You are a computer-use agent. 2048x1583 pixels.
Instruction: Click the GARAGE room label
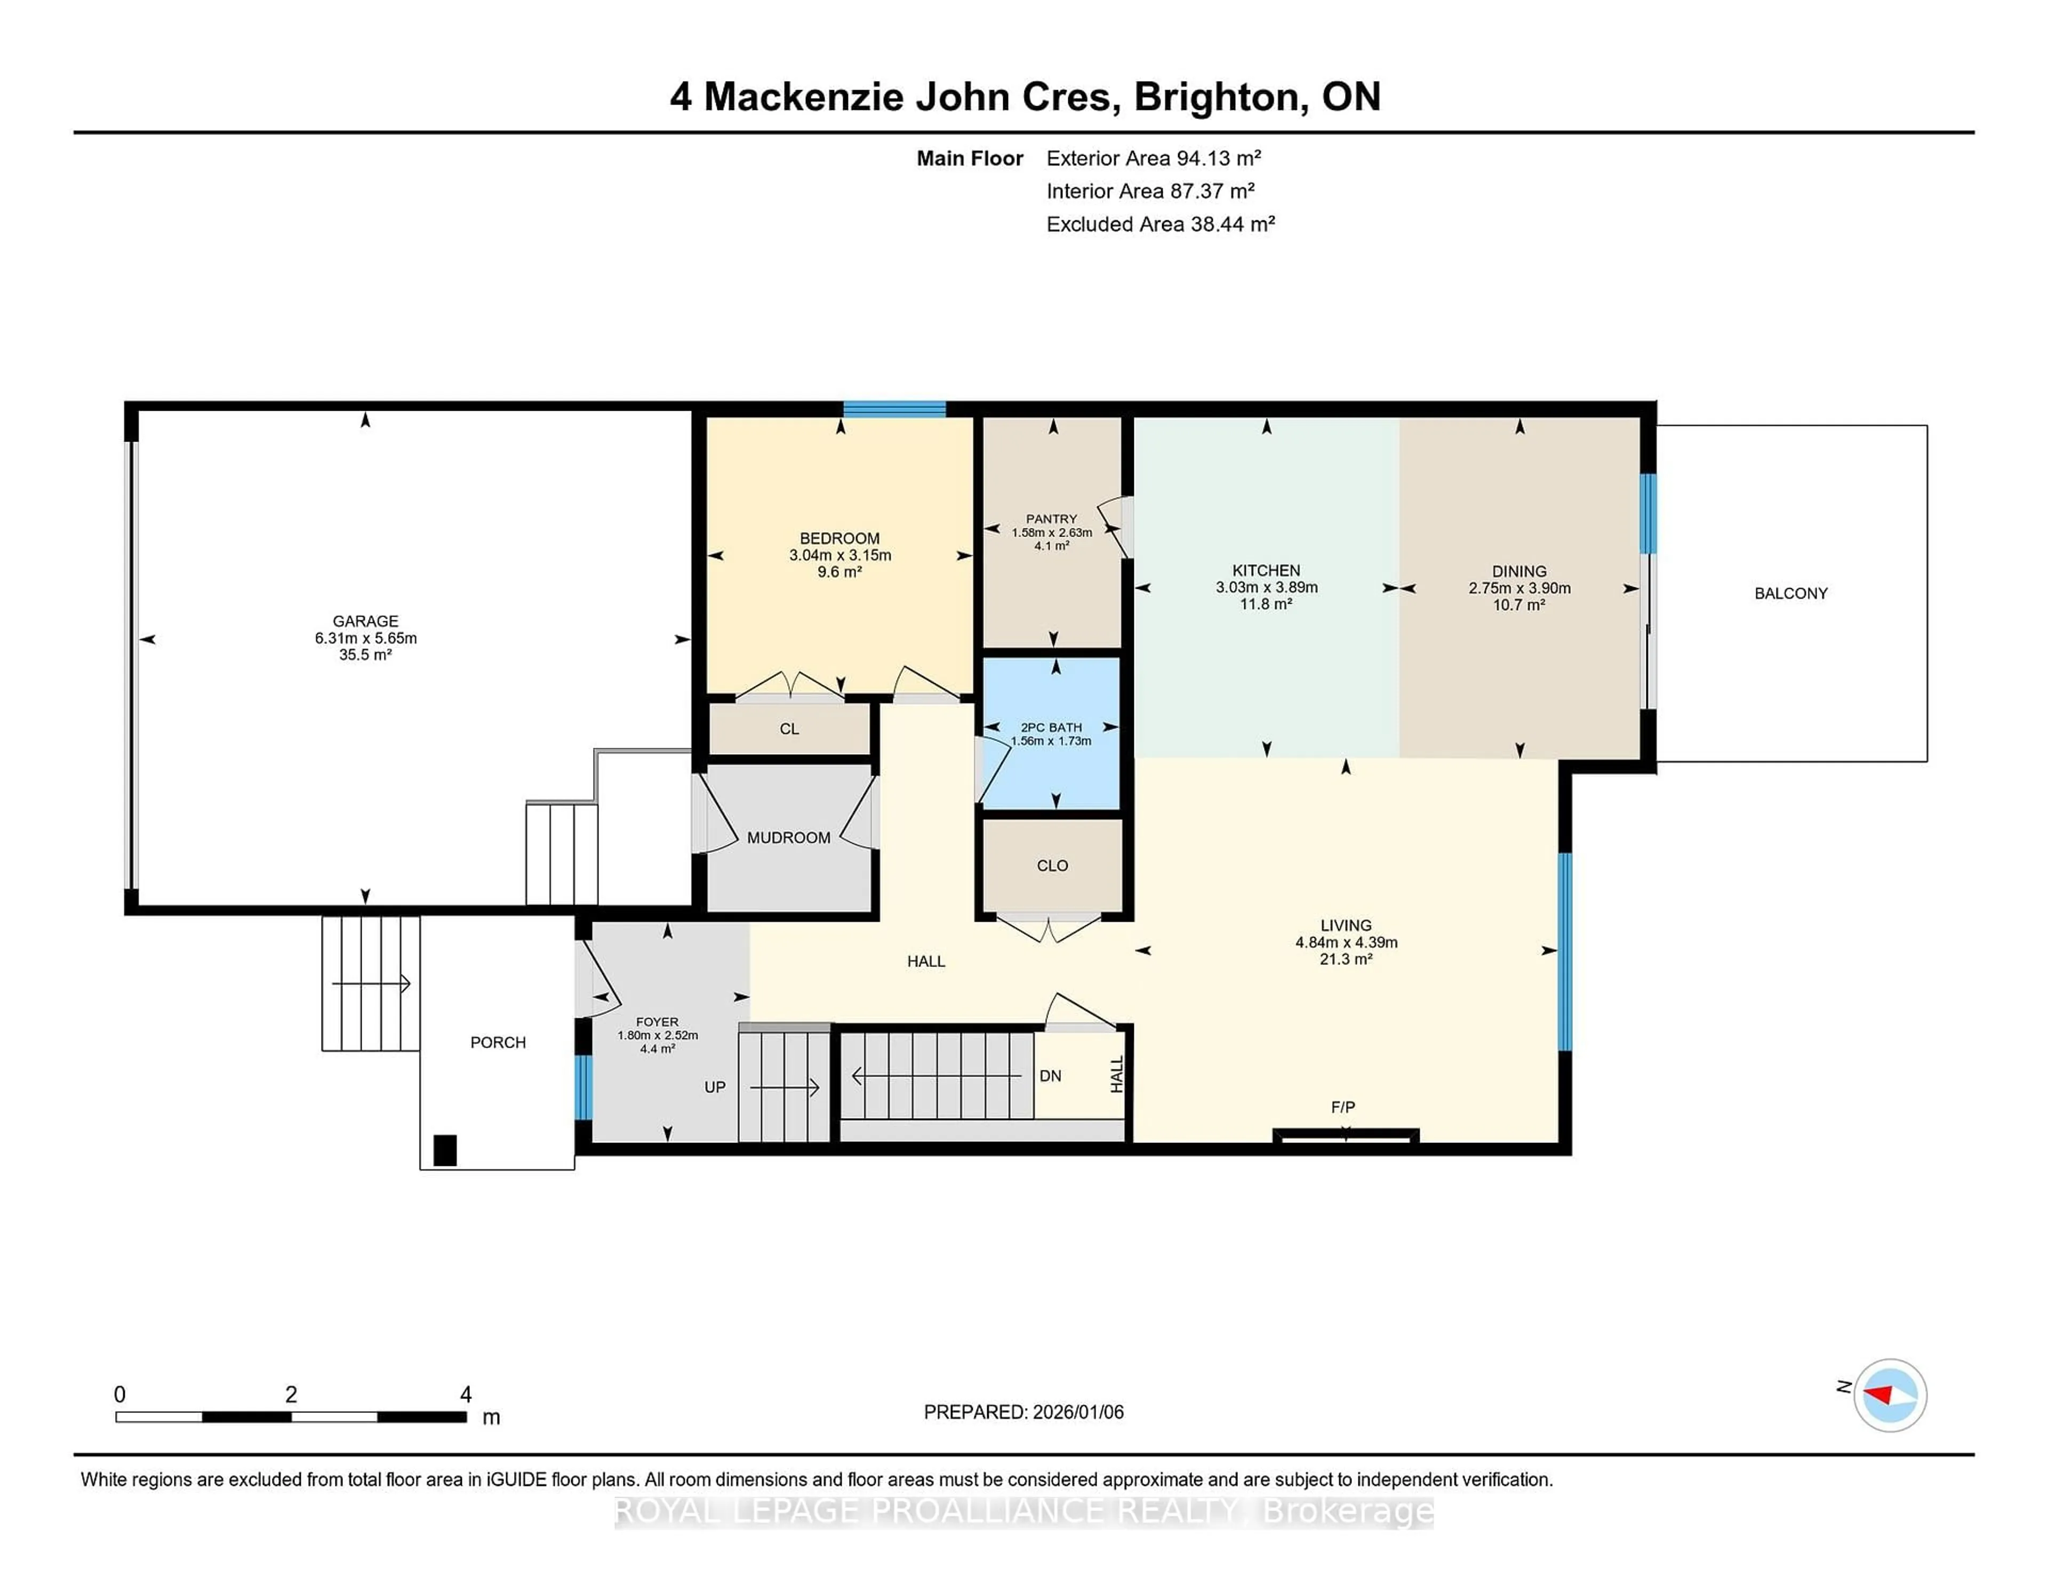point(365,621)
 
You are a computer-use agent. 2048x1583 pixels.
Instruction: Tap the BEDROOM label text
point(839,538)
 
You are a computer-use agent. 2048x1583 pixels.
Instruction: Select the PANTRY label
point(1051,518)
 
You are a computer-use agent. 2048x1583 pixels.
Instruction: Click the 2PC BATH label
point(1051,727)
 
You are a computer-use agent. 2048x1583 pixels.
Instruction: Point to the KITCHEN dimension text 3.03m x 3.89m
point(1266,587)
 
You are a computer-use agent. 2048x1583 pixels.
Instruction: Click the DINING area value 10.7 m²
point(1518,605)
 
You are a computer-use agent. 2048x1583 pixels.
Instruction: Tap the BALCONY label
point(1790,593)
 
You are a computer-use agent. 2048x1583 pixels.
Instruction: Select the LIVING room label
point(1346,925)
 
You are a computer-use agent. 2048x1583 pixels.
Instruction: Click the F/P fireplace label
point(1342,1107)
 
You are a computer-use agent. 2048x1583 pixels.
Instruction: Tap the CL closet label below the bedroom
point(789,729)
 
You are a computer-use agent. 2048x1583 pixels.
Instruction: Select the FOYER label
point(657,1022)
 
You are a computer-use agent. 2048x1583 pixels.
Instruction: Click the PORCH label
point(498,1042)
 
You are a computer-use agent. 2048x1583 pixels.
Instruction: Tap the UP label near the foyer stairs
point(715,1087)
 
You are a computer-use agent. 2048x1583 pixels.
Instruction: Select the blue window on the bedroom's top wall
point(894,409)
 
